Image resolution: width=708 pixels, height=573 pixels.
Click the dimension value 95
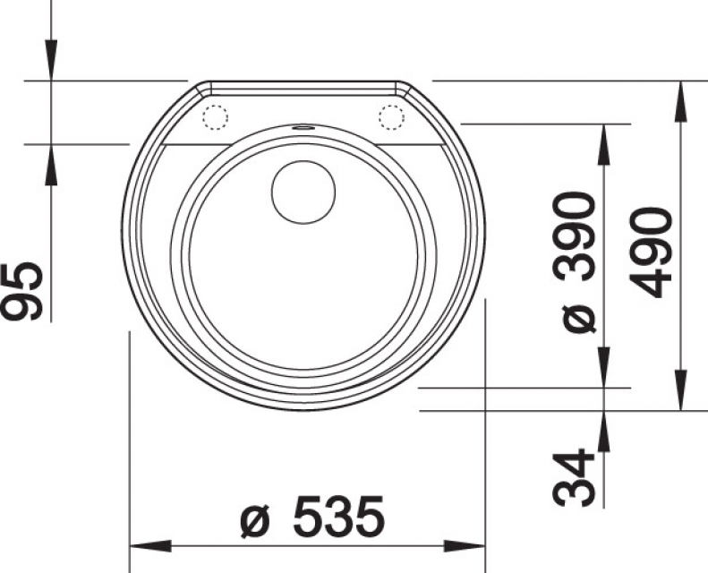(x=22, y=291)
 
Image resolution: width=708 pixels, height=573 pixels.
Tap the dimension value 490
(x=650, y=252)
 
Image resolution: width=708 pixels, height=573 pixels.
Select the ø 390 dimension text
(x=575, y=262)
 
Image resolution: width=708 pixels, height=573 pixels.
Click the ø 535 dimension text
(x=312, y=517)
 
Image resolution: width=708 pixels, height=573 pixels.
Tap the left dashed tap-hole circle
(x=215, y=117)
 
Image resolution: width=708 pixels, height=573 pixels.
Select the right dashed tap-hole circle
(x=391, y=117)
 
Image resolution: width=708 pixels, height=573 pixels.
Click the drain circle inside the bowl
(x=303, y=192)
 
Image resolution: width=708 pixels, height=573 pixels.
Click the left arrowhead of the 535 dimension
(x=150, y=546)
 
